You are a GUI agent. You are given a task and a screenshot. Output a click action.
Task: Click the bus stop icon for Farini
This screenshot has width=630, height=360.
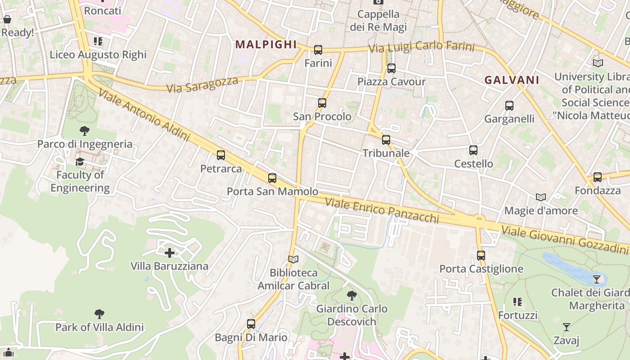coord(318,49)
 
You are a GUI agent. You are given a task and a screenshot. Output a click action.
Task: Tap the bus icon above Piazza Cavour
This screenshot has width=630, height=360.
coord(391,68)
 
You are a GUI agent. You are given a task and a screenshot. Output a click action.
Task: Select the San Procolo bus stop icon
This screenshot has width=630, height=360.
coord(322,103)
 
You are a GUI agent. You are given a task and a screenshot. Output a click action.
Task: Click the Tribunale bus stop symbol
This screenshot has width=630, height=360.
coord(386,140)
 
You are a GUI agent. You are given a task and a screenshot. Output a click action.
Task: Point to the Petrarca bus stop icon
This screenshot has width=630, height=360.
coord(221,155)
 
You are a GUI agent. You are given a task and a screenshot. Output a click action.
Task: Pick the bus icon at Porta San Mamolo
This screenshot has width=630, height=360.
coord(272,178)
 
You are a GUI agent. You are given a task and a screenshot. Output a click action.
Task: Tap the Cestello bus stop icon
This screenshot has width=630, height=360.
coord(473,150)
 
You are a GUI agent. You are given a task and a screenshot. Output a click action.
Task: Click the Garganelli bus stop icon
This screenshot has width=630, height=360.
coord(509,106)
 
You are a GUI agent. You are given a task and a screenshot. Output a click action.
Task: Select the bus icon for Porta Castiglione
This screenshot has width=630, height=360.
coord(481,256)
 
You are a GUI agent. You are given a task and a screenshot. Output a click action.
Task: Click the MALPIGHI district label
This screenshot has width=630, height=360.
coord(266,44)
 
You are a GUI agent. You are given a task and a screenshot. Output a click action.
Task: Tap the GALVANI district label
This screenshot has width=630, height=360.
coord(512,80)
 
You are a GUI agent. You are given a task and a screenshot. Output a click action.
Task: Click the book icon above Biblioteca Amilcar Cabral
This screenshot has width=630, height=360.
coord(293,259)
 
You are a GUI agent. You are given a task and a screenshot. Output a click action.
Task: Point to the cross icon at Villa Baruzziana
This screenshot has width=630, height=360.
coord(170,252)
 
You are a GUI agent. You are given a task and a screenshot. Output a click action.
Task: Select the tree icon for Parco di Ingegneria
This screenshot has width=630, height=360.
coord(84,131)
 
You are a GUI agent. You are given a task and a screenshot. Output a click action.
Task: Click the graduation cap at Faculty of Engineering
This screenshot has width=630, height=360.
coord(80,162)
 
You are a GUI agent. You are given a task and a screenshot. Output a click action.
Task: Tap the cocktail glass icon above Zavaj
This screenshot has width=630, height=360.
coord(567,327)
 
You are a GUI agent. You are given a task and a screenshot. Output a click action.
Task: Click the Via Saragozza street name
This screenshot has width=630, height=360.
coord(202,84)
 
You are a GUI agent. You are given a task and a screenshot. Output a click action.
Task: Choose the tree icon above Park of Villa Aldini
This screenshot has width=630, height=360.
coord(99,314)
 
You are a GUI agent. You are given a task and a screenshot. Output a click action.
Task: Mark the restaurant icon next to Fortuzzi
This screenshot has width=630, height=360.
coord(517,301)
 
